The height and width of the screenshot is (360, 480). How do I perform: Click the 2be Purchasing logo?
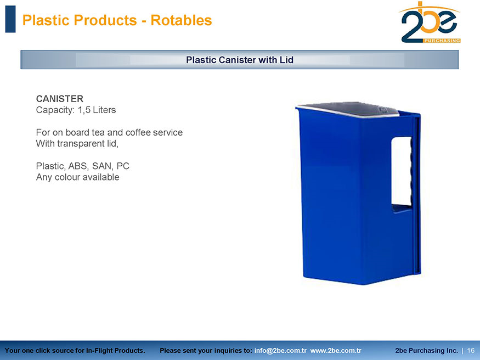click(x=430, y=22)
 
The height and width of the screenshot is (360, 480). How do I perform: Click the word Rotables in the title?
click(x=181, y=20)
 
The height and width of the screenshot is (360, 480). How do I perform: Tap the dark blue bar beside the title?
click(x=10, y=19)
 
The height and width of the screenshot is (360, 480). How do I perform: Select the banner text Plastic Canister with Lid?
click(x=240, y=60)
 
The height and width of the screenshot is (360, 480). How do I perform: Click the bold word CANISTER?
click(x=60, y=99)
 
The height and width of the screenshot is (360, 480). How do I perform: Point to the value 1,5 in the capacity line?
click(x=84, y=110)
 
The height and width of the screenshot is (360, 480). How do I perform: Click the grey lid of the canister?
click(x=348, y=110)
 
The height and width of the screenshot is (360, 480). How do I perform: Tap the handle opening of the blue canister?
click(x=402, y=171)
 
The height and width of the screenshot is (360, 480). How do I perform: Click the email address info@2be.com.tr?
click(x=280, y=351)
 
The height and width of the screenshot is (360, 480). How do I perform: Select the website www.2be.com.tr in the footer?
click(x=336, y=351)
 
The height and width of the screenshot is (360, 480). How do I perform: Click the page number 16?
click(x=471, y=351)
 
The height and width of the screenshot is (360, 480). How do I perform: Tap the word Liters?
click(x=104, y=110)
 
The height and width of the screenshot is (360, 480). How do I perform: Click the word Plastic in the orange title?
click(x=47, y=20)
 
